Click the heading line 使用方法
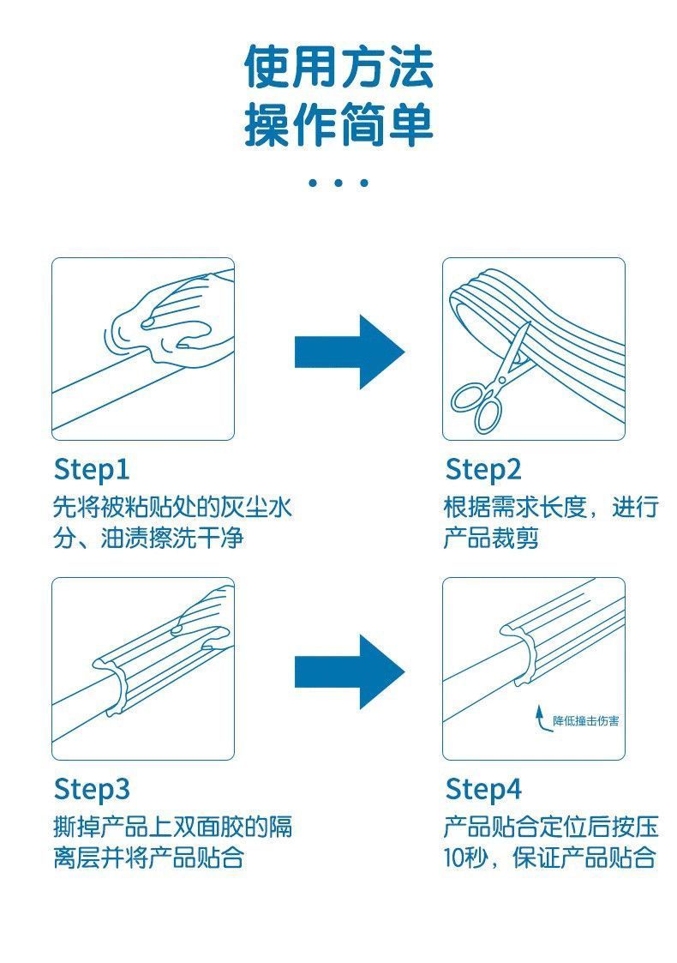[x=338, y=66]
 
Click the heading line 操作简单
[x=338, y=125]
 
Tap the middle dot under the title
[x=338, y=183]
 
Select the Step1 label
[x=92, y=470]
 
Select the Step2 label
[x=483, y=470]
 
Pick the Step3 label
[x=92, y=789]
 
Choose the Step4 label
[x=483, y=789]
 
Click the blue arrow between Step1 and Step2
[x=350, y=352]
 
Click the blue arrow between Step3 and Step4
[x=350, y=672]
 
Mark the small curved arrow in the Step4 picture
[x=540, y=719]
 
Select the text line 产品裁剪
[x=492, y=538]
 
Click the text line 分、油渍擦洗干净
[x=148, y=538]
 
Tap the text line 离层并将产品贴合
[x=148, y=858]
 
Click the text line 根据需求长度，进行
[x=551, y=508]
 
